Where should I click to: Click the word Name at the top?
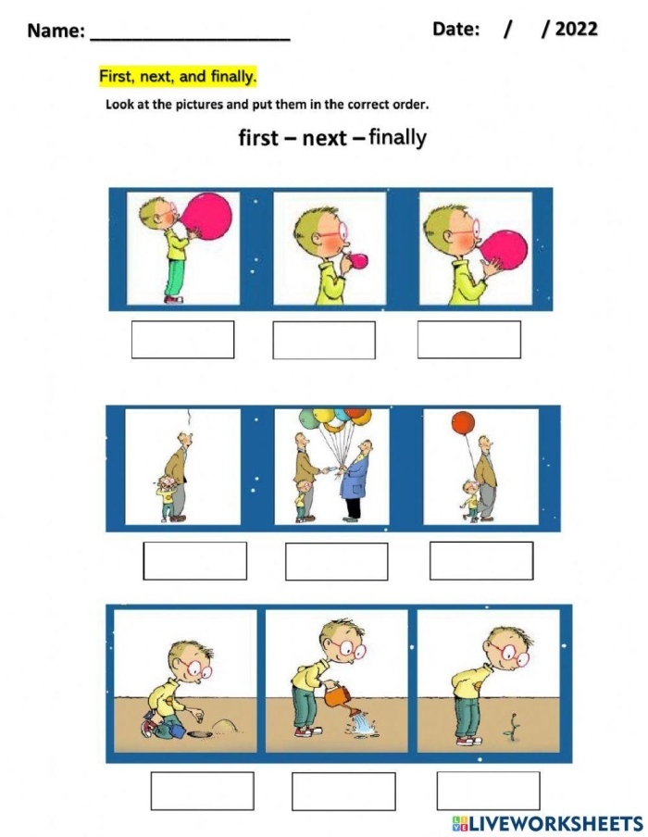[x=55, y=31]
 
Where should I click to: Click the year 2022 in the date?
[x=576, y=29]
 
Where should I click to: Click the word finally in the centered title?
[x=397, y=138]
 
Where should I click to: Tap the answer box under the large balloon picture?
[x=182, y=339]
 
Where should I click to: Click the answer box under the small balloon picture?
[x=324, y=340]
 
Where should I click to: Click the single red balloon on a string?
[x=462, y=424]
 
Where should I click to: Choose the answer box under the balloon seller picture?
[x=336, y=561]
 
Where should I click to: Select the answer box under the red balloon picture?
[x=481, y=560]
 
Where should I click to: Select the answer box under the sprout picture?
[x=488, y=790]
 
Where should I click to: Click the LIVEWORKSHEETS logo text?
[x=555, y=822]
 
